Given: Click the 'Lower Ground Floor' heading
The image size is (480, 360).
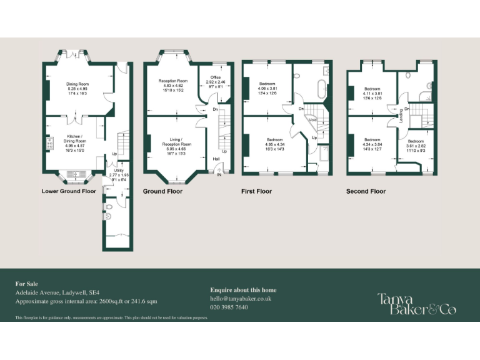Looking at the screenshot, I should [x=69, y=191].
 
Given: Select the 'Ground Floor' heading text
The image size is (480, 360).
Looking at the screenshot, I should [x=162, y=191].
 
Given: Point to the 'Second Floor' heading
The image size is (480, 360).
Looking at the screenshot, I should [x=366, y=191].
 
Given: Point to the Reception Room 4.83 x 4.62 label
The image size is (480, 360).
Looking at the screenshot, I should [x=173, y=86].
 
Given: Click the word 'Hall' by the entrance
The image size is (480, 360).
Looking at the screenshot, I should [x=216, y=159].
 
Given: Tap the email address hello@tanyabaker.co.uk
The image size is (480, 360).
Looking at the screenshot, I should [x=241, y=299].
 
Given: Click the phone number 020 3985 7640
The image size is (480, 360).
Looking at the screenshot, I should [x=229, y=307].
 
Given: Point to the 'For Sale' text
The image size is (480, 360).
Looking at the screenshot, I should [x=26, y=284].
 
